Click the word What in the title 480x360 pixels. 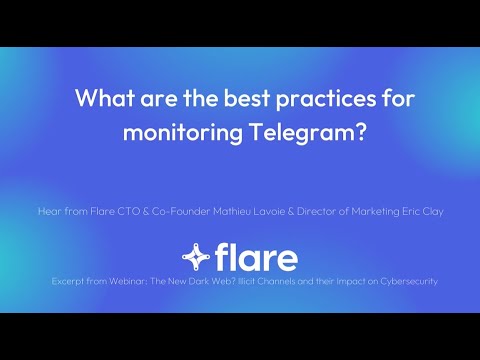pyautogui.click(x=103, y=101)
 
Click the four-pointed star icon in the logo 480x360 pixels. pyautogui.click(x=195, y=257)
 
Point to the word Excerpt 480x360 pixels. pyautogui.click(x=70, y=281)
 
